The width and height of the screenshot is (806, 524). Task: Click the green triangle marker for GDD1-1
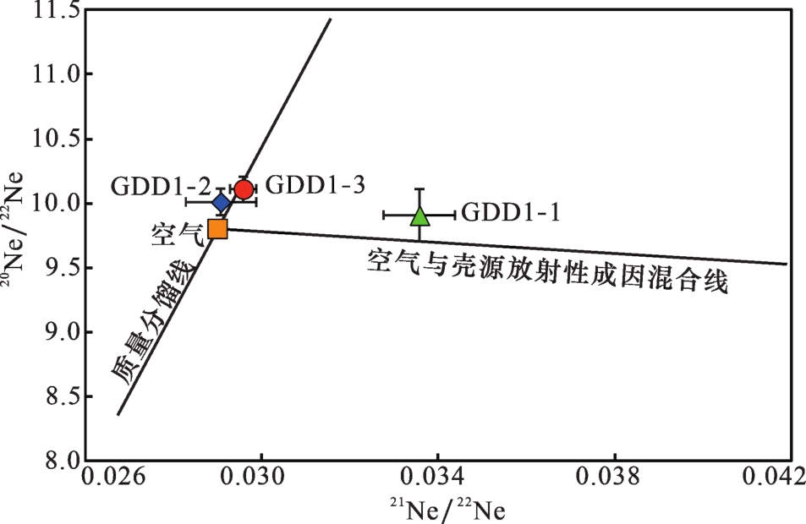coord(420,216)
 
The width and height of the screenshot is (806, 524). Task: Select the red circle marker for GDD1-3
coord(244,189)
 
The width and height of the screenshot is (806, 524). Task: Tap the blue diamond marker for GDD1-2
coord(222,203)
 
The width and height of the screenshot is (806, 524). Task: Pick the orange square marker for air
coord(217,228)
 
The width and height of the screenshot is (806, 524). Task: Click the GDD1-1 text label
coord(511,211)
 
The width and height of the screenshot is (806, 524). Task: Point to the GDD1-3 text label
coord(315,185)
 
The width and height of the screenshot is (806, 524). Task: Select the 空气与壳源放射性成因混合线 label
coord(547,271)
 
